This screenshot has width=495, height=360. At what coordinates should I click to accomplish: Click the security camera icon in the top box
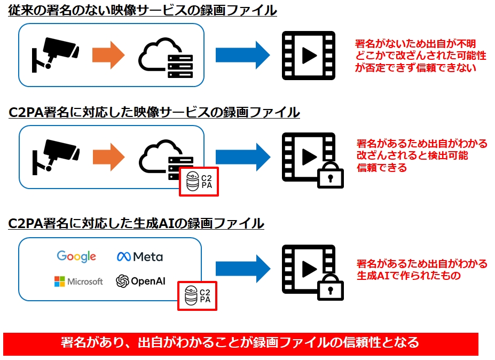[x=55, y=52]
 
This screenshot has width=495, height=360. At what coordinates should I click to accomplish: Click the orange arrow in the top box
[x=108, y=54]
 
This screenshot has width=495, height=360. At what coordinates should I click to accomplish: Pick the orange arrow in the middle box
[x=108, y=156]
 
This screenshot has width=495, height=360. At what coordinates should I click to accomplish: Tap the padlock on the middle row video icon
[x=331, y=175]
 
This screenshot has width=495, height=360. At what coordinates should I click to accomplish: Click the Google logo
[x=76, y=256]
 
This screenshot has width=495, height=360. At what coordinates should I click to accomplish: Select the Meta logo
[x=140, y=257]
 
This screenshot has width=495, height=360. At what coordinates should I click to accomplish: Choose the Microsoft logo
[x=78, y=281]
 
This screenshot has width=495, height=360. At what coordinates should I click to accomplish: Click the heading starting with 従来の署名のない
[x=142, y=10]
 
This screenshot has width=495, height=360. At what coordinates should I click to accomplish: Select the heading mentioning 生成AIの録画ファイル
[x=136, y=223]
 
